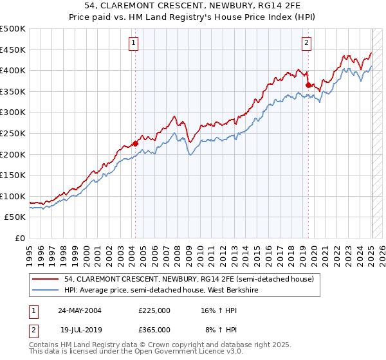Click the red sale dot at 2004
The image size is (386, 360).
pyautogui.click(x=135, y=143)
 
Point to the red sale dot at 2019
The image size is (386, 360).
pyautogui.click(x=308, y=85)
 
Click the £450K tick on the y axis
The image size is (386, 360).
pyautogui.click(x=13, y=50)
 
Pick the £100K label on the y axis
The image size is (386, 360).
pyautogui.click(x=13, y=196)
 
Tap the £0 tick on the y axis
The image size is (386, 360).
pyautogui.click(x=19, y=238)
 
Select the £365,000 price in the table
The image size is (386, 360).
pyautogui.click(x=154, y=329)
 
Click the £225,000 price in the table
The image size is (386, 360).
pyautogui.click(x=154, y=310)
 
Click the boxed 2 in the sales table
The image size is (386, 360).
pyautogui.click(x=33, y=329)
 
